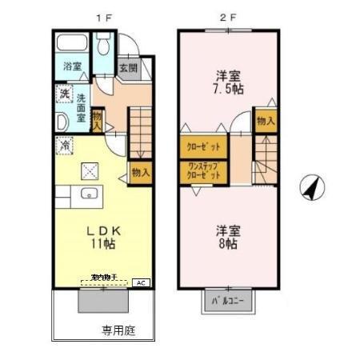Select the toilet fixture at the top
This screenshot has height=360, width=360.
point(102,49)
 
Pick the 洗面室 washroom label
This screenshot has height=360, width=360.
point(81,107)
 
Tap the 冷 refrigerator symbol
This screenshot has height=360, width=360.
point(65,145)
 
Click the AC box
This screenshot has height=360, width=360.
point(141,282)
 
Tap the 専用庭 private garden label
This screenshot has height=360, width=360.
point(117,328)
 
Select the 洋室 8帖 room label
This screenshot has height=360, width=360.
point(228,237)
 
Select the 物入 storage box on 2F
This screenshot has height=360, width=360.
point(266,122)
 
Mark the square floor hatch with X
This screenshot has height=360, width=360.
point(89,170)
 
